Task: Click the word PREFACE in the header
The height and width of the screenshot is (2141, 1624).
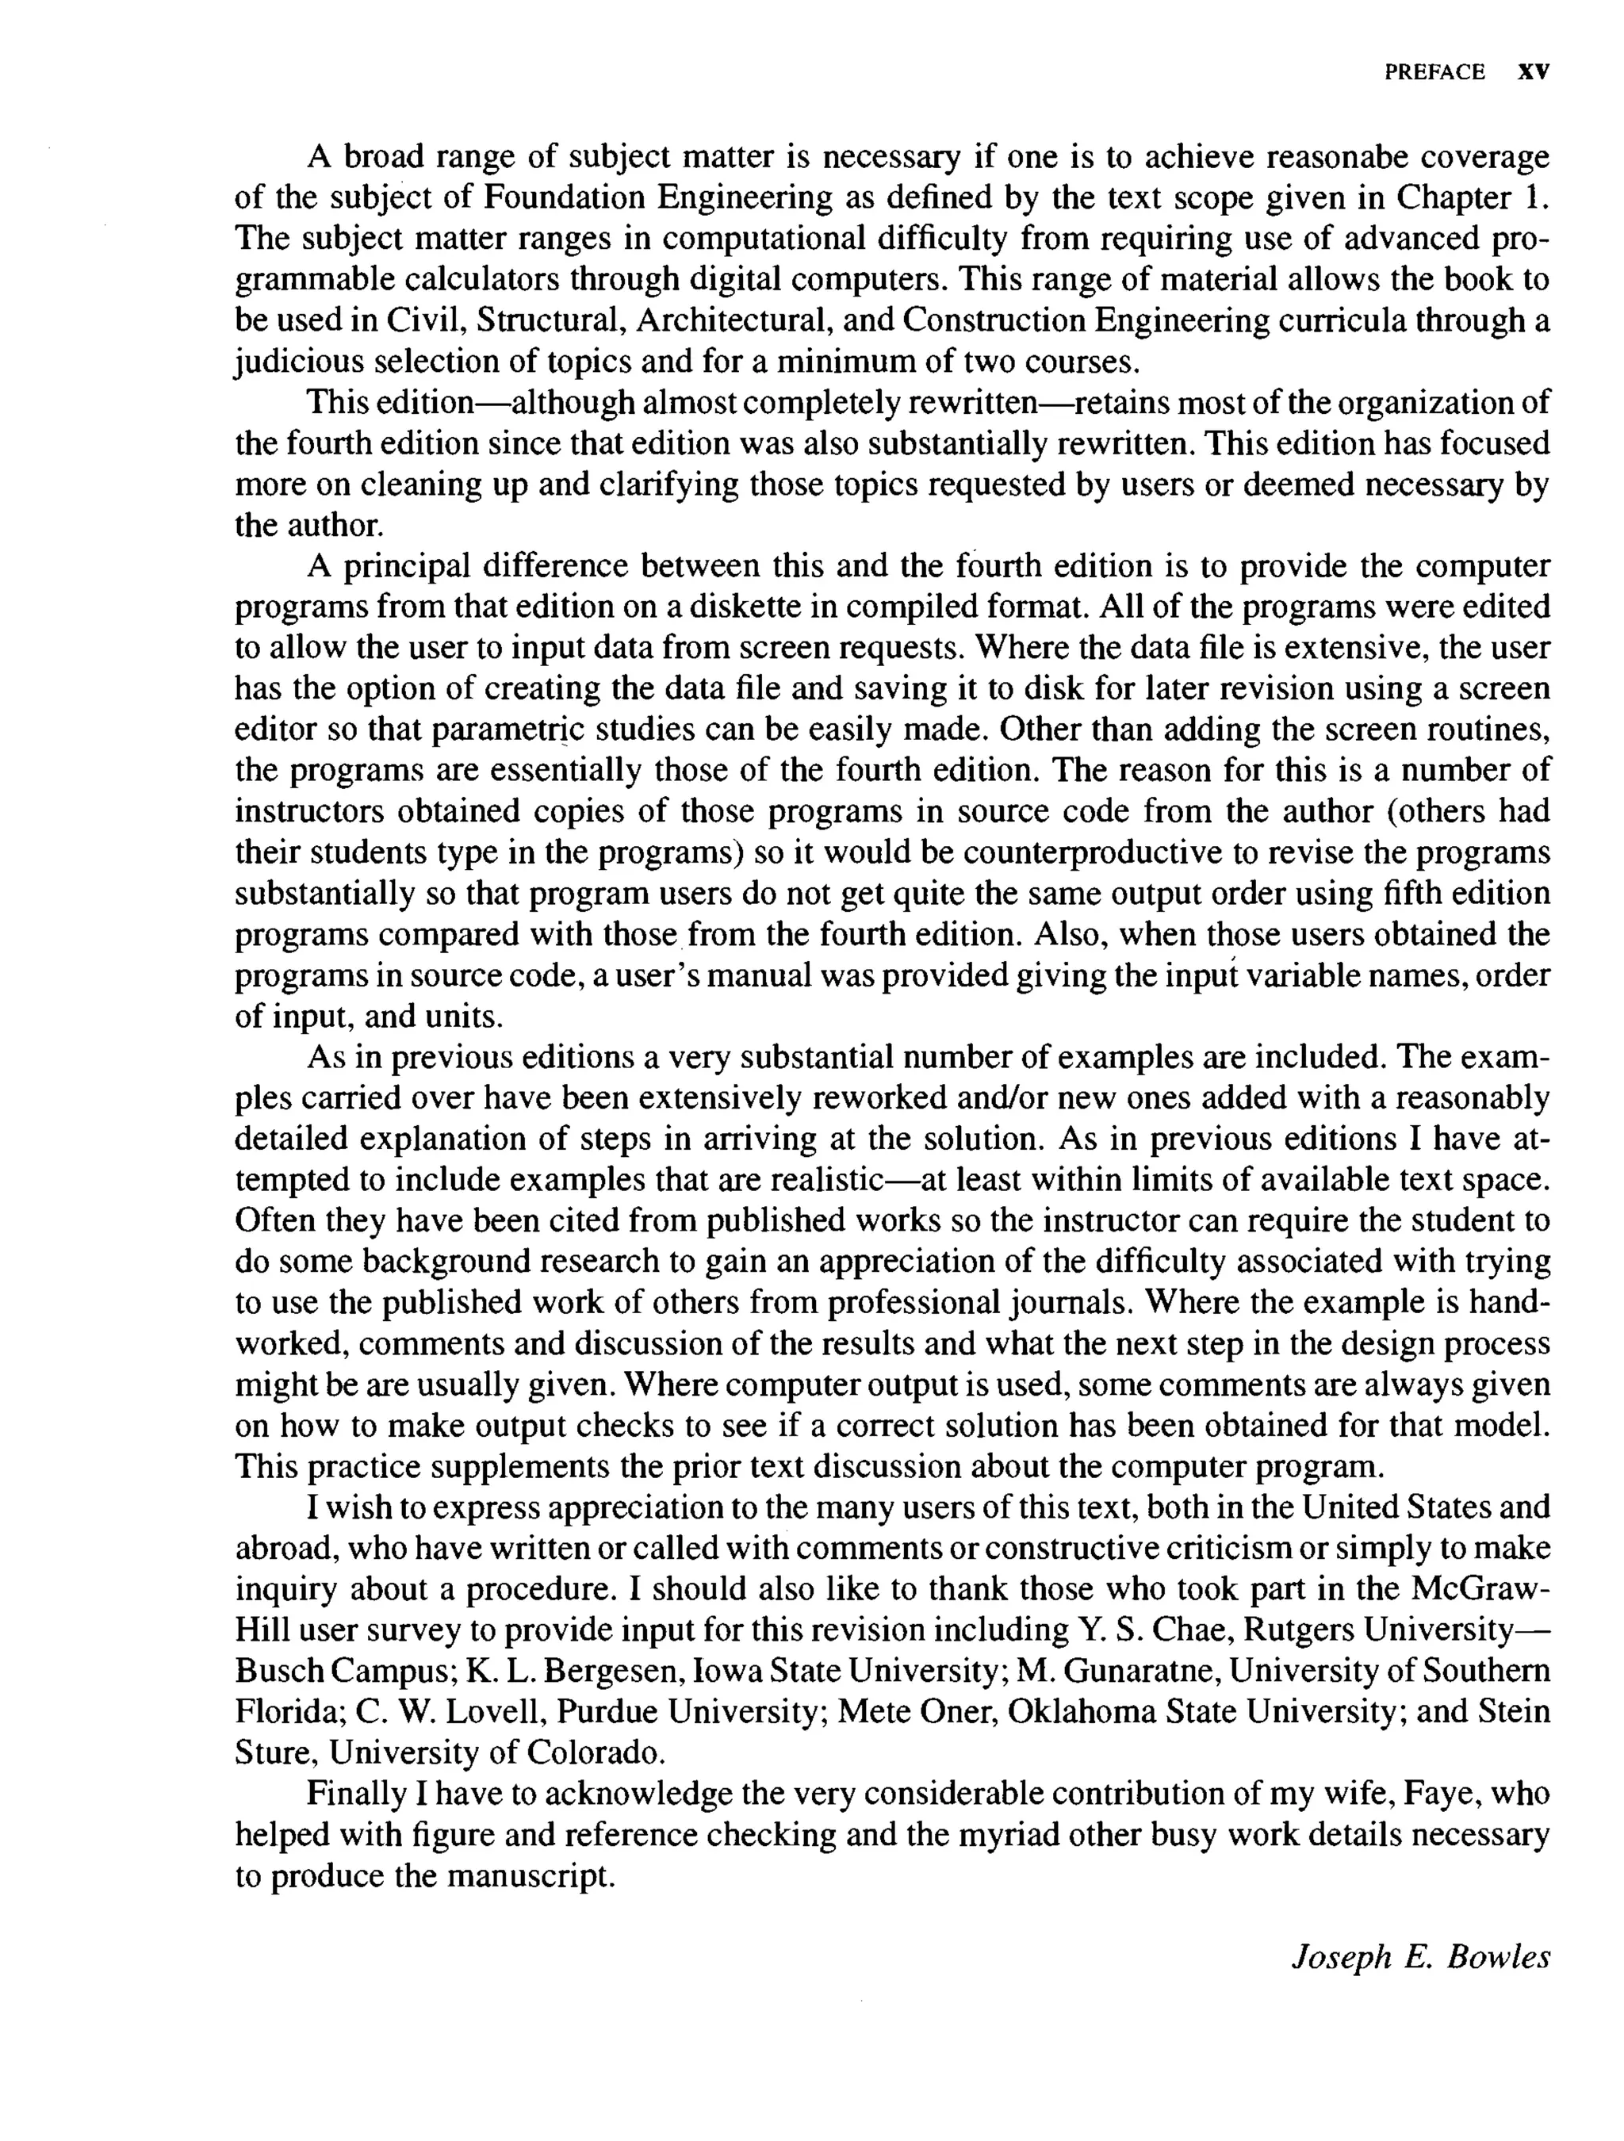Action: tap(1434, 73)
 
